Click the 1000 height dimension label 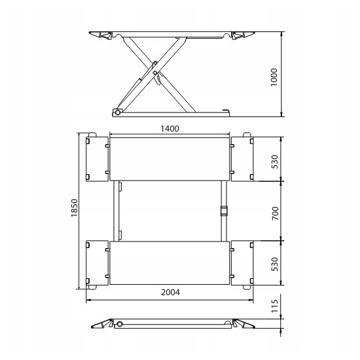click(274, 77)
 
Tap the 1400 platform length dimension click(170, 129)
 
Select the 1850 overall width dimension click(75, 208)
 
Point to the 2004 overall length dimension click(171, 293)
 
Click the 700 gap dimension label click(275, 213)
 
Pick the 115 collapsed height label click(275, 306)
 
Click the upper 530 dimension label click(275, 162)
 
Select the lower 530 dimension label click(275, 264)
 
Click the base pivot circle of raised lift click(118, 113)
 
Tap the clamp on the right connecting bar click(224, 211)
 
